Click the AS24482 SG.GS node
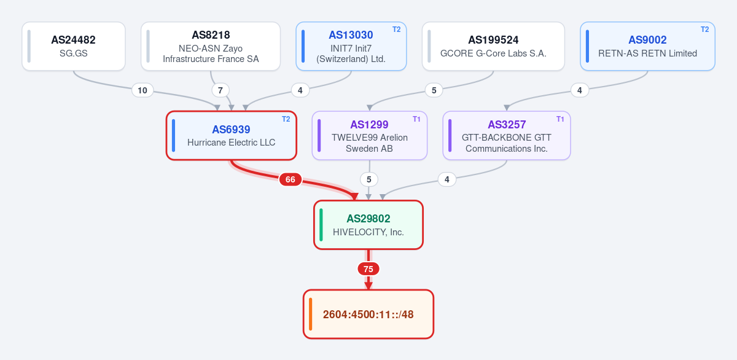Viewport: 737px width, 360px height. pyautogui.click(x=74, y=46)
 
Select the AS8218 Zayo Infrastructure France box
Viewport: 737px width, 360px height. pyautogui.click(x=211, y=46)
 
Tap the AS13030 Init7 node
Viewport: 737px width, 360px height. pyautogui.click(x=351, y=46)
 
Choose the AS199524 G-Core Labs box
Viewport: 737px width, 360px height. pyautogui.click(x=493, y=46)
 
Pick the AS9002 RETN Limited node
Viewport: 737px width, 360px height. pyautogui.click(x=647, y=46)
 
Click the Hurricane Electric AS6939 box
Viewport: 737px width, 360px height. pyautogui.click(x=232, y=136)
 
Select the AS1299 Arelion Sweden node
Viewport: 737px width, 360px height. pyautogui.click(x=370, y=136)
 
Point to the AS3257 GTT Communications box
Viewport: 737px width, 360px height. pyautogui.click(x=507, y=136)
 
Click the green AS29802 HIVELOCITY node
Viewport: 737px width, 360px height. pyautogui.click(x=368, y=225)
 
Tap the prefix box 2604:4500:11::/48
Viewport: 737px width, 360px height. pyautogui.click(x=368, y=315)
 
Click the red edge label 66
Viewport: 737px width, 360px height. pyautogui.click(x=290, y=179)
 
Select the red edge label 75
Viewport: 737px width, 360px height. pyautogui.click(x=368, y=269)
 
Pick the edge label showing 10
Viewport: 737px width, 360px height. pyautogui.click(x=142, y=90)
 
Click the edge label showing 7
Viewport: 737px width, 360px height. pyautogui.click(x=220, y=90)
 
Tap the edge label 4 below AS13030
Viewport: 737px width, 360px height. pyautogui.click(x=300, y=90)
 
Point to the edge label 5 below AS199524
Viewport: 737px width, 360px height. pyautogui.click(x=434, y=90)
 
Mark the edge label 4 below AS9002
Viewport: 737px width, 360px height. pyautogui.click(x=580, y=90)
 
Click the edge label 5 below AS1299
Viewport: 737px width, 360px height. pyautogui.click(x=369, y=179)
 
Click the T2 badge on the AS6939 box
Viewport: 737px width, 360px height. pyautogui.click(x=286, y=119)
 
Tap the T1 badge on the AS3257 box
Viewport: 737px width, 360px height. pyautogui.click(x=560, y=119)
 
